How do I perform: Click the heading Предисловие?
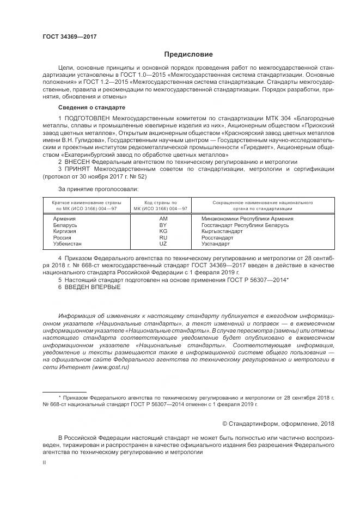click(x=189, y=54)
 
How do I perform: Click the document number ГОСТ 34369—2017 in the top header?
click(x=69, y=36)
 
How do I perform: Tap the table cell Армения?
click(x=65, y=218)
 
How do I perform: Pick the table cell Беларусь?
click(x=65, y=225)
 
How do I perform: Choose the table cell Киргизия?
click(x=65, y=231)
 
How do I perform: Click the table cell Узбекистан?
click(x=68, y=244)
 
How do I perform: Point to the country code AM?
click(x=163, y=218)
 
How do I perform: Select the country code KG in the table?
click(x=163, y=231)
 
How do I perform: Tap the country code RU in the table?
click(x=163, y=238)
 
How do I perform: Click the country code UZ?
click(x=163, y=244)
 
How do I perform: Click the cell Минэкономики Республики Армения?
click(x=247, y=218)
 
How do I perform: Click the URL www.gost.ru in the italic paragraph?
click(x=111, y=367)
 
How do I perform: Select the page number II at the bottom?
click(x=45, y=462)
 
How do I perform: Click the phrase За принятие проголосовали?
click(x=98, y=189)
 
